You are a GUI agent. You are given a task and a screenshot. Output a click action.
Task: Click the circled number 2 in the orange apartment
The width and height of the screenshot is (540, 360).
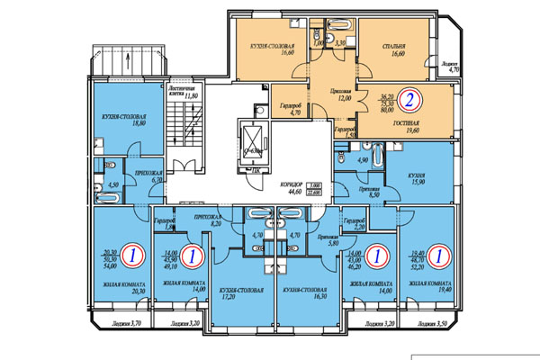tap(408, 101)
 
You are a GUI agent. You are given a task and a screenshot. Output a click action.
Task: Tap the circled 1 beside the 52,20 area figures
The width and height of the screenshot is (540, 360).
tap(437, 256)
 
